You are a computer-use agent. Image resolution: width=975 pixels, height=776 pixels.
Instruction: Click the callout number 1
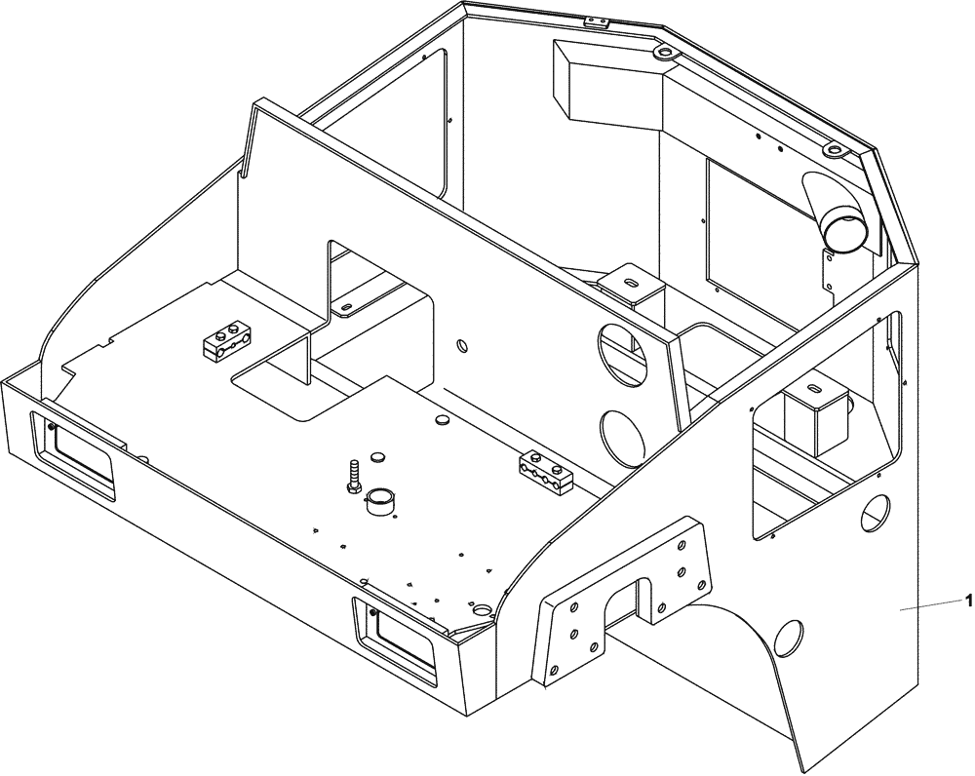[968, 601]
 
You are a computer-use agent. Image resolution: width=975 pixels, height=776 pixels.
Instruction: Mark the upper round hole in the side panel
[877, 512]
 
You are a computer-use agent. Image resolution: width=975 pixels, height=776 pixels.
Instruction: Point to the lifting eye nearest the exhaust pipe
[835, 150]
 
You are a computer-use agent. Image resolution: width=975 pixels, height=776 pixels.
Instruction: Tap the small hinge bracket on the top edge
[594, 21]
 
